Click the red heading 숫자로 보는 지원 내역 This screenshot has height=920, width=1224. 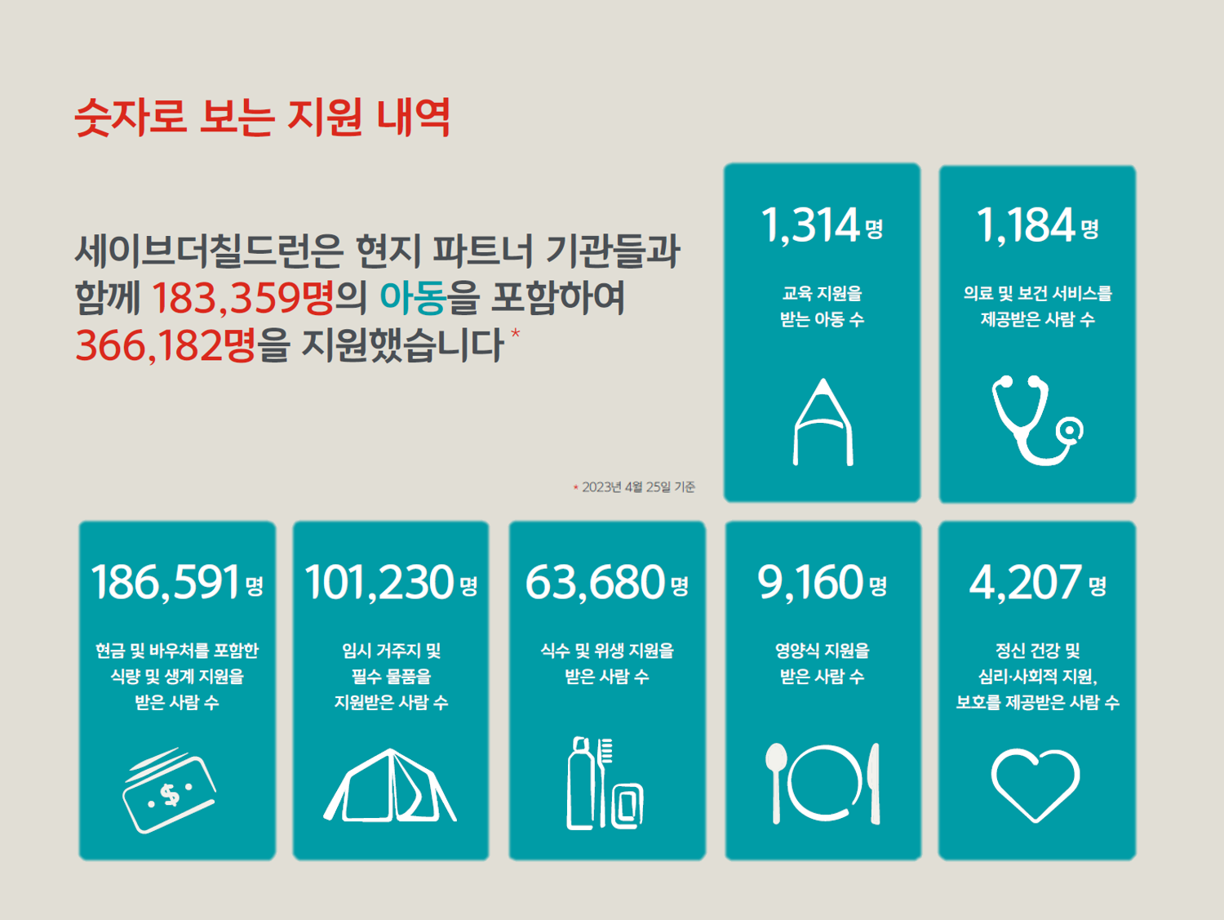point(262,118)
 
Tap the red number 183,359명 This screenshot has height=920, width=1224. point(243,297)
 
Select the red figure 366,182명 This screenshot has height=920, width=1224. point(166,345)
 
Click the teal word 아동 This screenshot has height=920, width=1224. point(413,297)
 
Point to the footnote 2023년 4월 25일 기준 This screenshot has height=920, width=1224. point(638,487)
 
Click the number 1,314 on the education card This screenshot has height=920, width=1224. point(810,224)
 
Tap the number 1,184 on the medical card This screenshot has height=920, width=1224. point(1026,224)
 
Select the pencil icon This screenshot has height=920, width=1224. point(823,422)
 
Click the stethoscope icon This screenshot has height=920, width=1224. point(1037,420)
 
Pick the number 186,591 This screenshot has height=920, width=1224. point(166,583)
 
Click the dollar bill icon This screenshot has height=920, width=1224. point(169,790)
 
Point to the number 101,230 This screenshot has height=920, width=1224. point(379,583)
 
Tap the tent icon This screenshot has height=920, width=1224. point(390,785)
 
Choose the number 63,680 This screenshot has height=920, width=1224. point(595,583)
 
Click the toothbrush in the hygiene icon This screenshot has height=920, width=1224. point(604,781)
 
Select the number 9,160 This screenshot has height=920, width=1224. point(810,583)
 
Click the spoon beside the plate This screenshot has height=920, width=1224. point(776,783)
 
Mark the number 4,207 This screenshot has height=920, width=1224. point(1026,583)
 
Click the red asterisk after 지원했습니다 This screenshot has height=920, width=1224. point(515,334)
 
